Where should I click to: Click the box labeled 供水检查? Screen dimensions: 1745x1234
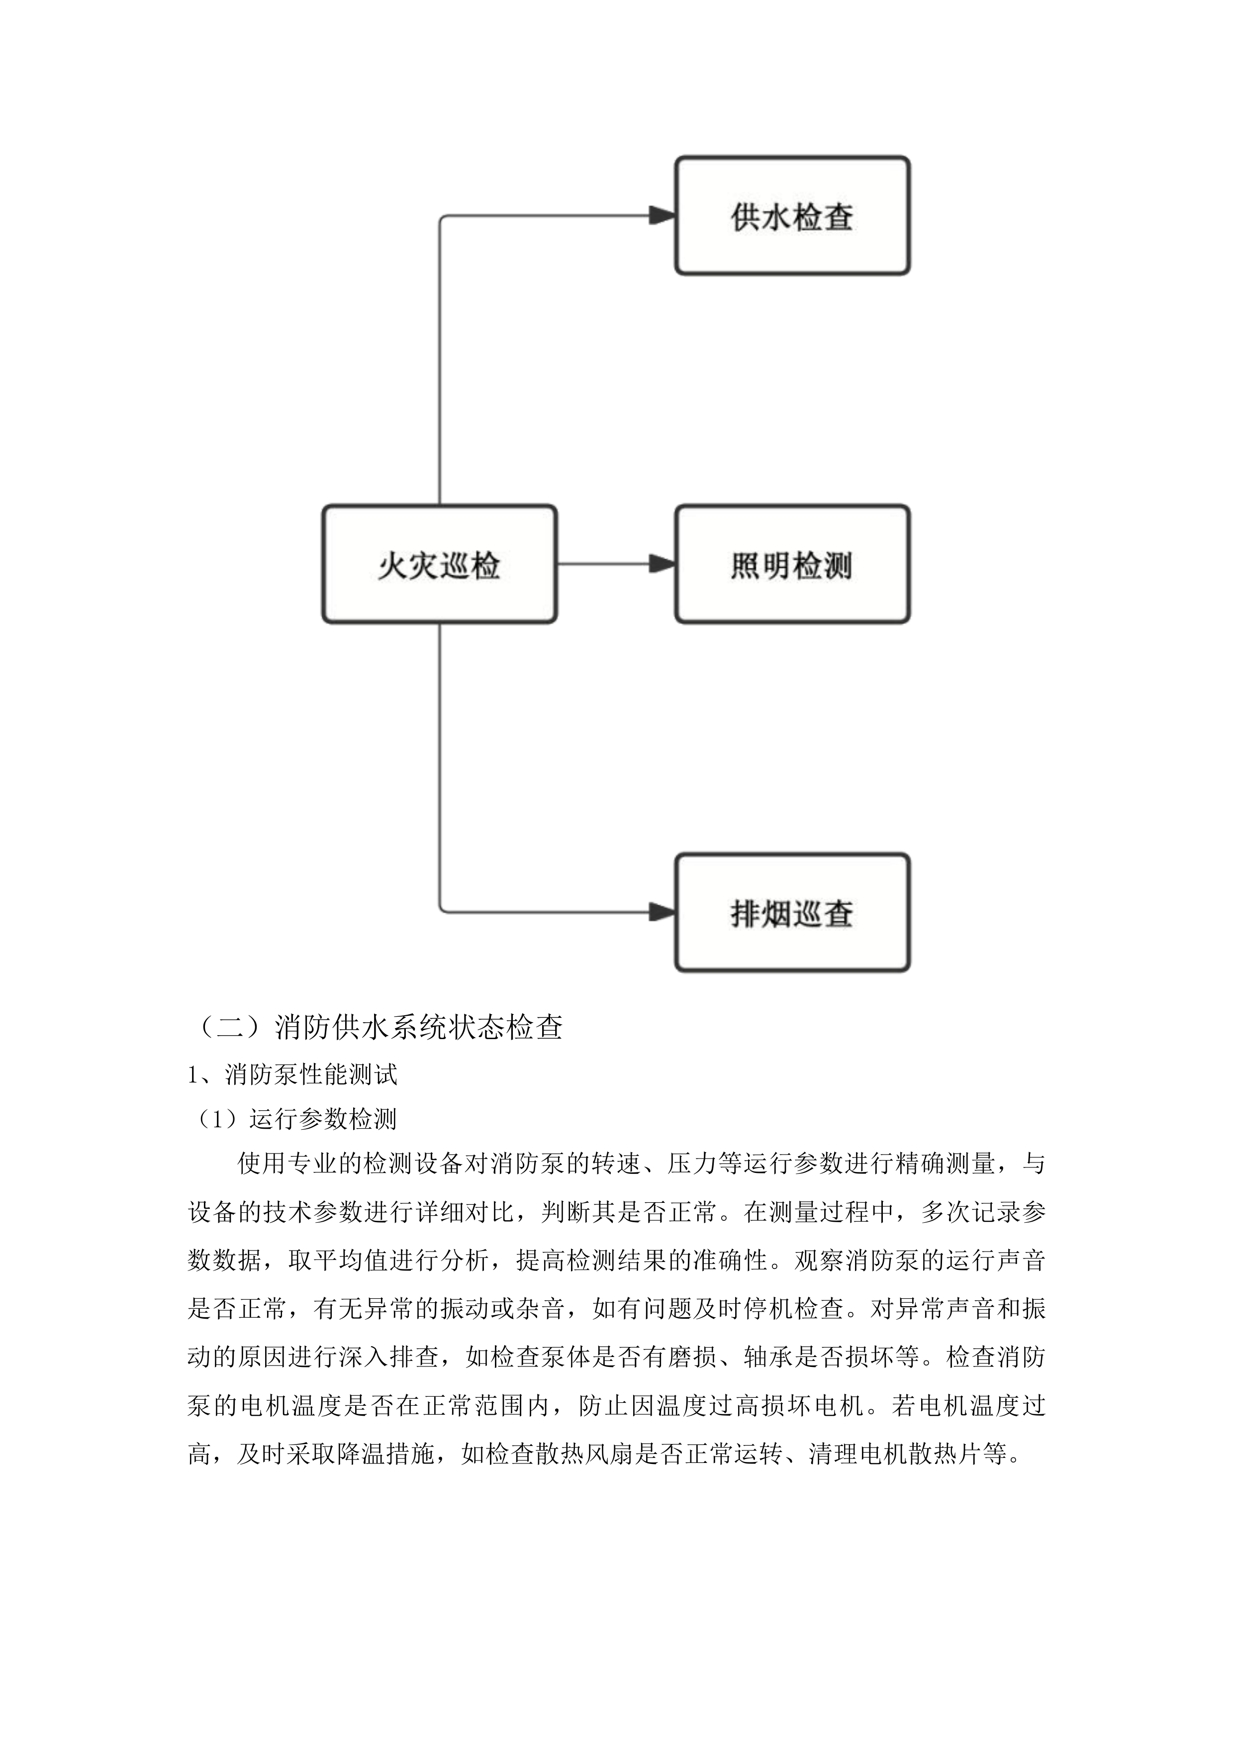792,216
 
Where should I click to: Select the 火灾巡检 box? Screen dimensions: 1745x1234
439,565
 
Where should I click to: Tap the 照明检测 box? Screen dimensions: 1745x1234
792,565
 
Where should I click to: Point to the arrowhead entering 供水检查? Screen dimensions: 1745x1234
663,216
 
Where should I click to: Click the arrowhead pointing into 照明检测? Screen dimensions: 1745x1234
663,564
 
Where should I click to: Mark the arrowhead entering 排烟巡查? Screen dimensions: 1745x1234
663,912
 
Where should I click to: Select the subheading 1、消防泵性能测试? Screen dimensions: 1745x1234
292,1074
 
